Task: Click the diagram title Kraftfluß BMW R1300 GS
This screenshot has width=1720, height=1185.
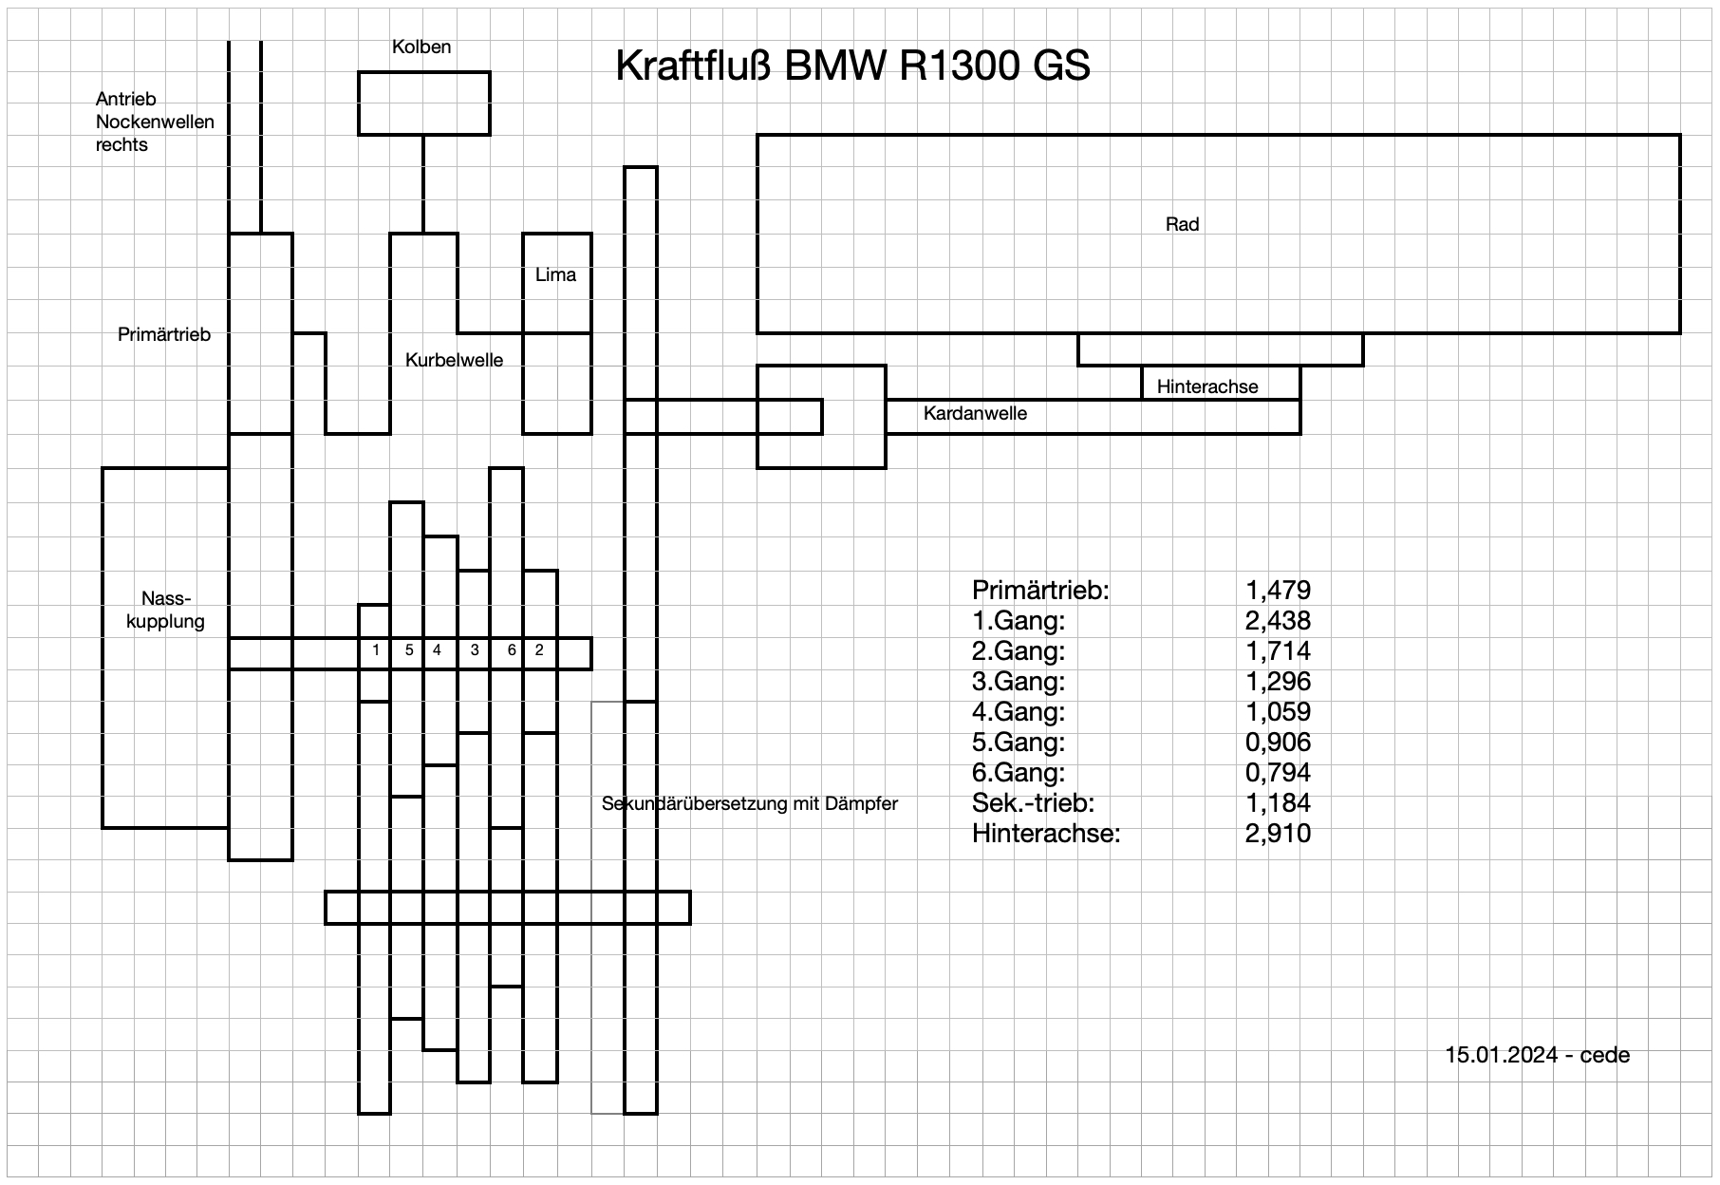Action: pos(852,66)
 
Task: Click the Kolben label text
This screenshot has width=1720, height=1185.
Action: pos(421,47)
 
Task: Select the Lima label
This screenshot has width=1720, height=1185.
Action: pos(555,274)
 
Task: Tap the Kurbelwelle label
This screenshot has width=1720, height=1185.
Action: pos(454,360)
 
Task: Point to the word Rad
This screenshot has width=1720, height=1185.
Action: pos(1182,224)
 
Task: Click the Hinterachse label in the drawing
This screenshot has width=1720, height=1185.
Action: pos(1207,386)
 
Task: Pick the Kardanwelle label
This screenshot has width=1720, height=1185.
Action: pos(975,413)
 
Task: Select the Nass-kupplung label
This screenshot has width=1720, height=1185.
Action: pos(165,610)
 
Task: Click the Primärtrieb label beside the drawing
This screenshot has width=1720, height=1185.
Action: pos(164,334)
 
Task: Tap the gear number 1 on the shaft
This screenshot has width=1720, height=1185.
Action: pos(377,650)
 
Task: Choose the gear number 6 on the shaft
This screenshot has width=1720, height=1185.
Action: pos(512,650)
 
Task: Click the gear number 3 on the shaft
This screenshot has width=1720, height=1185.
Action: pos(475,650)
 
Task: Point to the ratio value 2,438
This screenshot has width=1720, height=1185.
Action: pos(1278,621)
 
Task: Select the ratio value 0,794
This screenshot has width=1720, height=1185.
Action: pos(1278,773)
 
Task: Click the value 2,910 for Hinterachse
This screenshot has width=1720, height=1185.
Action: pos(1278,834)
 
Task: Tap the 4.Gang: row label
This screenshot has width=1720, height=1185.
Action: pos(1019,712)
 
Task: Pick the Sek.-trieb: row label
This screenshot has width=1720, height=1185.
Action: pos(1033,803)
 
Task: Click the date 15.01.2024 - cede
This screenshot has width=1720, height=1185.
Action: pos(1537,1055)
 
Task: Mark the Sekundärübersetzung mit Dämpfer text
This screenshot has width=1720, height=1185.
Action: pos(749,803)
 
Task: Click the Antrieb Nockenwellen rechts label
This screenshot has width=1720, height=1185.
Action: pos(155,122)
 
